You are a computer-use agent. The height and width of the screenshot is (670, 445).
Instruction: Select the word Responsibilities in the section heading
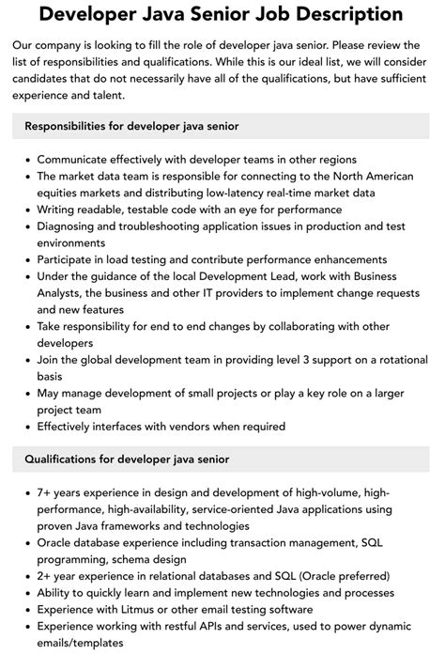pyautogui.click(x=71, y=125)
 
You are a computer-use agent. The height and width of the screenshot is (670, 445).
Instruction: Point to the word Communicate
pyautogui.click(x=78, y=160)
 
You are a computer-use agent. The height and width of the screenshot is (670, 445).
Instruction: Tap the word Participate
pyautogui.click(x=69, y=259)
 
